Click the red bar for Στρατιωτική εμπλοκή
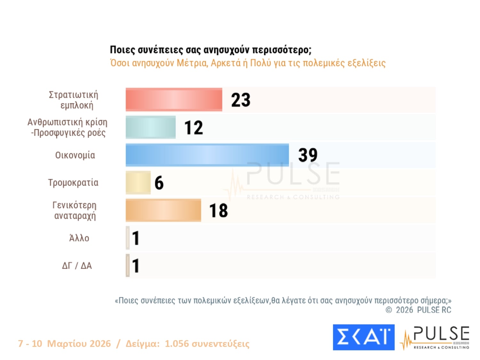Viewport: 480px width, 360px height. pyautogui.click(x=174, y=100)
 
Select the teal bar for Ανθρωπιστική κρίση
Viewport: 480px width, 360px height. pyautogui.click(x=151, y=127)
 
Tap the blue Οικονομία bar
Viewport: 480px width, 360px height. pyautogui.click(x=207, y=155)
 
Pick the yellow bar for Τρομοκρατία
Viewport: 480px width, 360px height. pyautogui.click(x=138, y=183)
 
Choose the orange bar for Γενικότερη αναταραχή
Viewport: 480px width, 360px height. pyautogui.click(x=163, y=210)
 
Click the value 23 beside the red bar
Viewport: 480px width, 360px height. pyautogui.click(x=241, y=100)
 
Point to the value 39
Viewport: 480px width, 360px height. pyautogui.click(x=308, y=155)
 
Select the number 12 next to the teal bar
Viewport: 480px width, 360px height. pyautogui.click(x=194, y=128)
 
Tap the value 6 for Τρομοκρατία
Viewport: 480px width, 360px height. pyautogui.click(x=159, y=183)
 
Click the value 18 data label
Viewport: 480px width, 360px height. pyautogui.click(x=219, y=211)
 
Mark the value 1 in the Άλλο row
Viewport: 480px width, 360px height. pyautogui.click(x=136, y=238)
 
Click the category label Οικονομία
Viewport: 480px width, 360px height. pyautogui.click(x=75, y=155)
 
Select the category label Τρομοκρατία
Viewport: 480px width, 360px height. pyautogui.click(x=73, y=183)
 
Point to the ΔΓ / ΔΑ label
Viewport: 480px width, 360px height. pyautogui.click(x=77, y=266)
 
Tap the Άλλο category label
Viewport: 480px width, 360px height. pyautogui.click(x=79, y=238)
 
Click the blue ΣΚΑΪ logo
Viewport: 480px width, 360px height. pyautogui.click(x=364, y=337)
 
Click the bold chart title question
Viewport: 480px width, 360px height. pyautogui.click(x=211, y=50)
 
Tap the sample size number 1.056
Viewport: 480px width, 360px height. pyautogui.click(x=177, y=343)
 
